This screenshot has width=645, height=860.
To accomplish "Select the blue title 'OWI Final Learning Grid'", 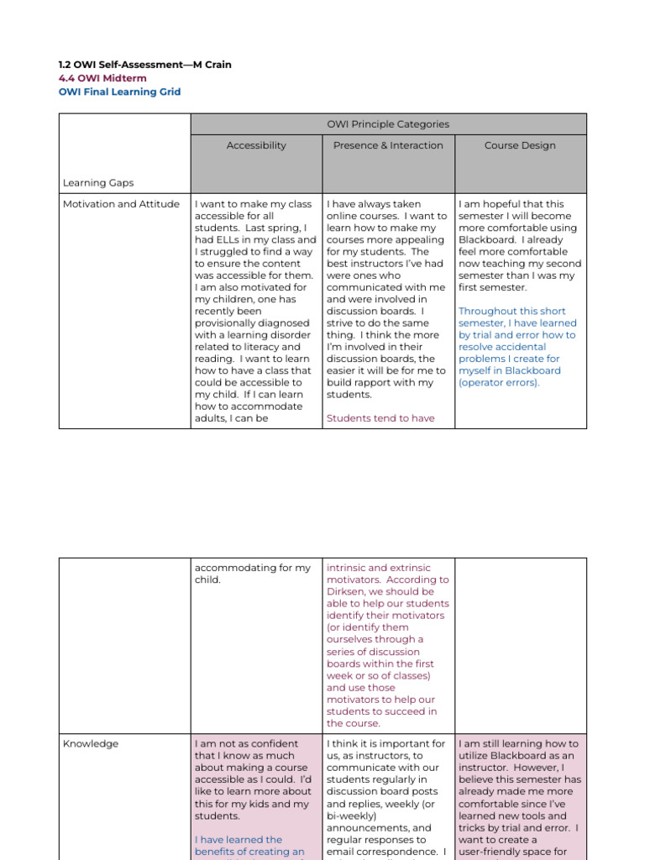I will [119, 92].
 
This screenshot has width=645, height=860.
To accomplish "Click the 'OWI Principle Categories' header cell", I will [388, 124].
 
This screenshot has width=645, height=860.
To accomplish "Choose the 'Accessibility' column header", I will [256, 145].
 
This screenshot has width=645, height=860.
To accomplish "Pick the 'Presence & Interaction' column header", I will [388, 145].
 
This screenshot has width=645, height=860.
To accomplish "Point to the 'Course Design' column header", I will [520, 145].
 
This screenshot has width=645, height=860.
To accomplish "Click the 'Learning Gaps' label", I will [98, 182].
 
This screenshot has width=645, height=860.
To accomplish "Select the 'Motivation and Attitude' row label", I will [121, 204].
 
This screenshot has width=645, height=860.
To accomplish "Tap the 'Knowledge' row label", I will [91, 744].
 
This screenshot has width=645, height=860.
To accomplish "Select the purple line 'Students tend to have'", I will [380, 418].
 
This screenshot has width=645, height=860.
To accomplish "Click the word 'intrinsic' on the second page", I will [349, 568].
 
